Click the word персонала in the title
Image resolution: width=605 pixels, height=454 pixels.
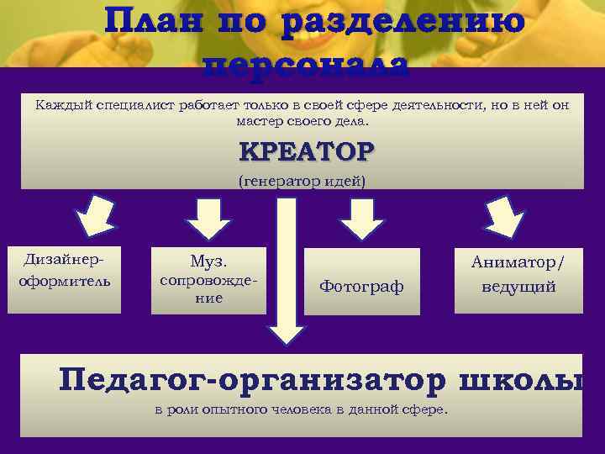(307, 66)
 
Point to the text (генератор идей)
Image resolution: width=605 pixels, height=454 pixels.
(302, 182)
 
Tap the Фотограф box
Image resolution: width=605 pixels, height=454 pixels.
(361, 287)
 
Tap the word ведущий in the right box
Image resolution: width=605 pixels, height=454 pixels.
(518, 287)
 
